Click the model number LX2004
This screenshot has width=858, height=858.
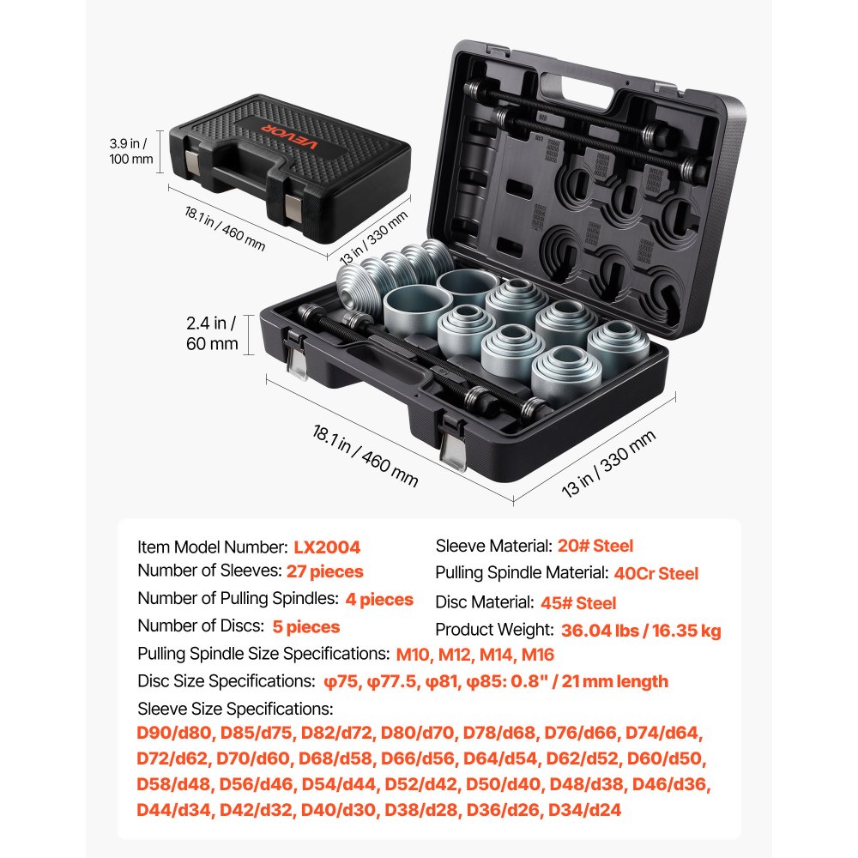[327, 547]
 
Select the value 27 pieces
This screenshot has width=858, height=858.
[325, 571]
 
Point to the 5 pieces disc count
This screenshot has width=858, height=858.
[306, 626]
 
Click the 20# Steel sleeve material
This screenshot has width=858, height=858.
[595, 546]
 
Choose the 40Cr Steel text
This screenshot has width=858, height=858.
[656, 573]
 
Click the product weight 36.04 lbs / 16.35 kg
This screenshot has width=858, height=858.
[641, 631]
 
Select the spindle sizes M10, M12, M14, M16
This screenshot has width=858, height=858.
[474, 655]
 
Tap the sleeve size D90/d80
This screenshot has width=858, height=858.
[174, 734]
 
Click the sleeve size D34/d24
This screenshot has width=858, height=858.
[584, 809]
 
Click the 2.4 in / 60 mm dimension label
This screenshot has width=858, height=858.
[211, 334]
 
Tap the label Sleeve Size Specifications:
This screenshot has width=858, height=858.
[235, 710]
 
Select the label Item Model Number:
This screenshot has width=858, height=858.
[212, 547]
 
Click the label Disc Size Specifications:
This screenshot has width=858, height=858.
[226, 681]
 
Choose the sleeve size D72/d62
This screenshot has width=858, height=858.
[173, 759]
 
